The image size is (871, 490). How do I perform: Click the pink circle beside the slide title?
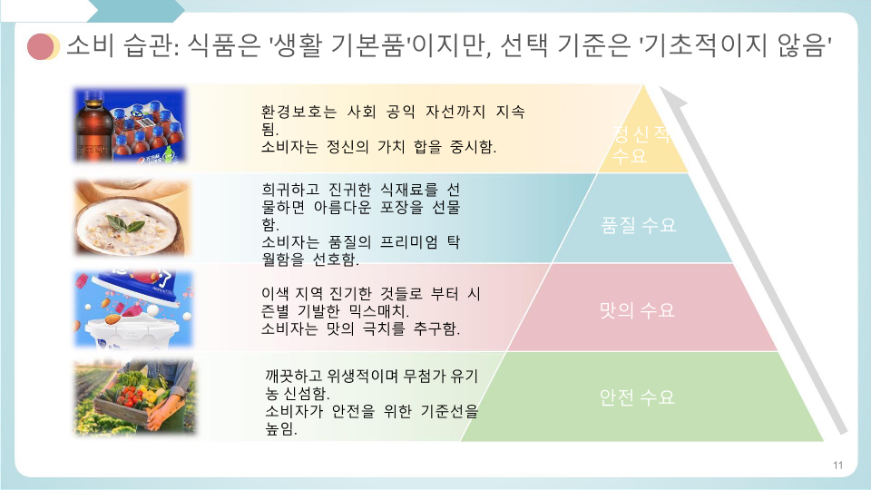tap(41, 46)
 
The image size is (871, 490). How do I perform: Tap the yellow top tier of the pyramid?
tap(642, 136)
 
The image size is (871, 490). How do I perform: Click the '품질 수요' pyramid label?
tap(638, 225)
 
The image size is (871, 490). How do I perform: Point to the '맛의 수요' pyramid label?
tap(637, 310)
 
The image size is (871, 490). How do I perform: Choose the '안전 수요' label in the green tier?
tap(637, 397)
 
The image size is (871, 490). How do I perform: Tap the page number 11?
tap(837, 465)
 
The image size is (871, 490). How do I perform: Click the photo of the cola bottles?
tap(130, 125)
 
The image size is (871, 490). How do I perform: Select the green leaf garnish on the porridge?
tap(126, 224)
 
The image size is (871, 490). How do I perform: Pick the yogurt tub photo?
tap(133, 309)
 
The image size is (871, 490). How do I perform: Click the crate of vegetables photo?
tap(134, 397)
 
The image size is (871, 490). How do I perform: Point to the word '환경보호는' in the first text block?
tap(298, 113)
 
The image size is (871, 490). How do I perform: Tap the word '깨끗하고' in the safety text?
tap(293, 377)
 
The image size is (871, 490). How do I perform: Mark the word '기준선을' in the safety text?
tap(449, 412)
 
